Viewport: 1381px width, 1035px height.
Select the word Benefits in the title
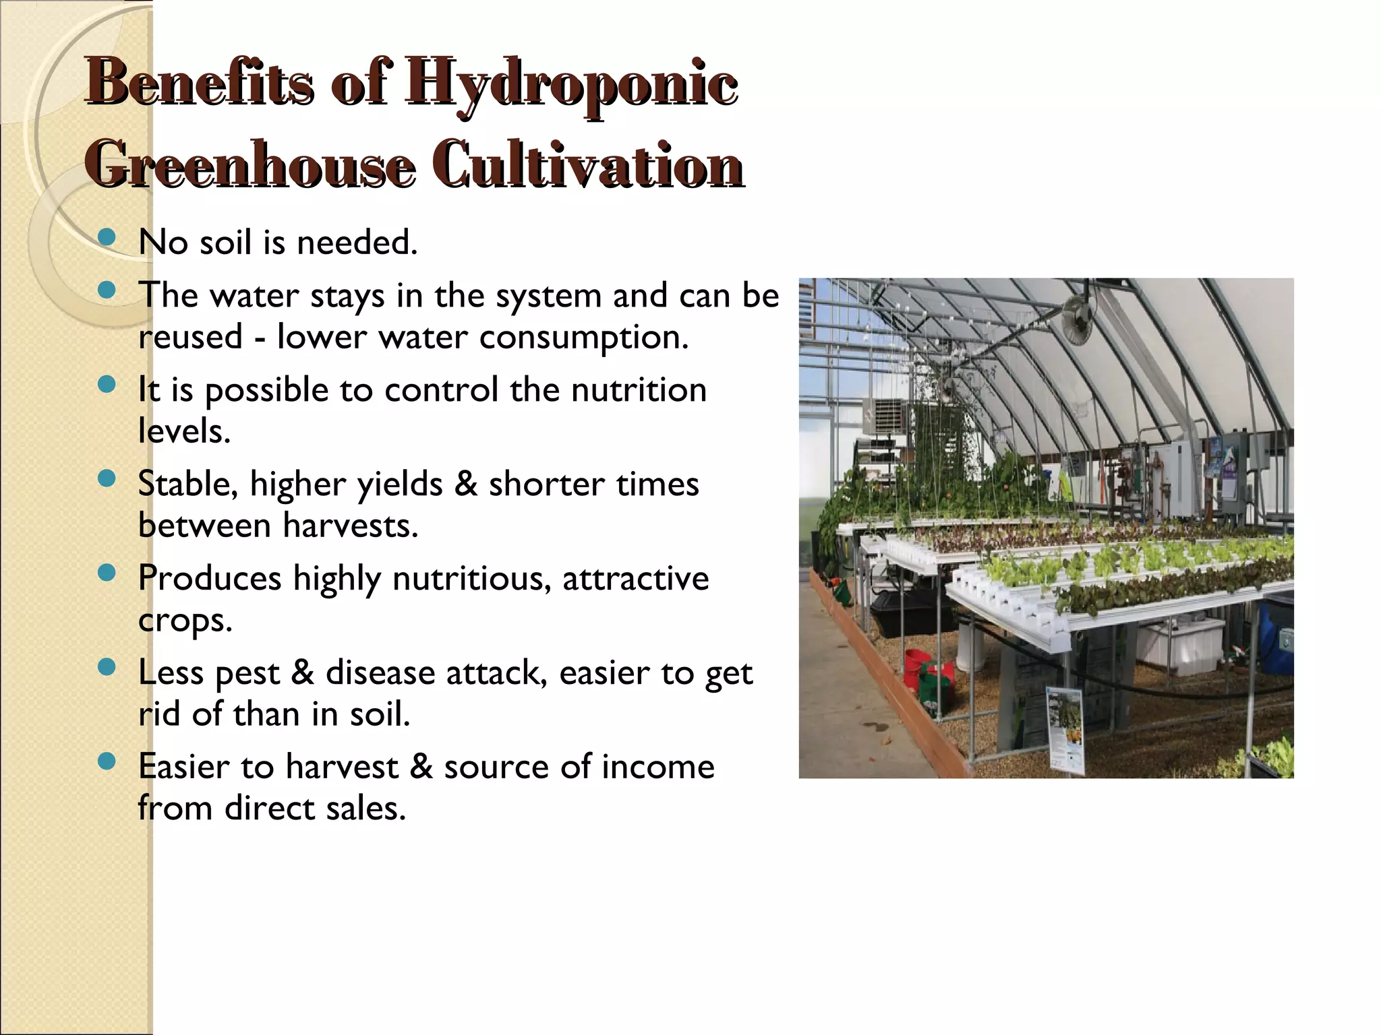coord(200,85)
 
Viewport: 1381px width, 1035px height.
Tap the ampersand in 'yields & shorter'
coord(465,484)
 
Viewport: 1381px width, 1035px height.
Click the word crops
coord(185,620)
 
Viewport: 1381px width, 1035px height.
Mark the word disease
coord(380,672)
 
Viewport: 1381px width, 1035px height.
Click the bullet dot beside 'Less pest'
coord(106,667)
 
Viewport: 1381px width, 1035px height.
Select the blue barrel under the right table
coord(1277,633)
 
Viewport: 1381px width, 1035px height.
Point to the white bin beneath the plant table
coord(1179,640)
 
